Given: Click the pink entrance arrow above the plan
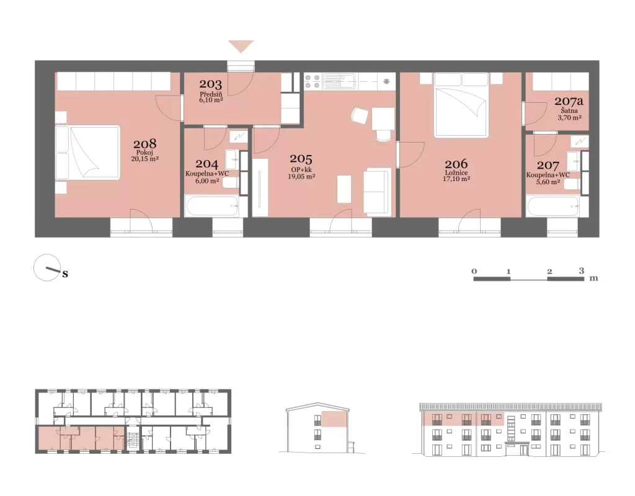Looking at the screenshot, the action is pyautogui.click(x=241, y=46).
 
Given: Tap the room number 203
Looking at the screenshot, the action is pyautogui.click(x=211, y=84).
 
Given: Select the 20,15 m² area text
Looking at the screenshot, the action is pyautogui.click(x=144, y=159).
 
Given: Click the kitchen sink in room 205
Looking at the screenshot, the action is pyautogui.click(x=339, y=81).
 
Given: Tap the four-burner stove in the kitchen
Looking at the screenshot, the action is pyautogui.click(x=313, y=81).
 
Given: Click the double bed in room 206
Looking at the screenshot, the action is pyautogui.click(x=461, y=105).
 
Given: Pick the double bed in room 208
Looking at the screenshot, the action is pyautogui.click(x=88, y=153).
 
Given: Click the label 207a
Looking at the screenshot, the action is pyautogui.click(x=569, y=101).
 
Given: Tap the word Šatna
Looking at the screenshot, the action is pyautogui.click(x=569, y=110).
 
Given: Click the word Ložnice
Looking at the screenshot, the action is pyautogui.click(x=456, y=172).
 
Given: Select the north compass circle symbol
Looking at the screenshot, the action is pyautogui.click(x=47, y=268).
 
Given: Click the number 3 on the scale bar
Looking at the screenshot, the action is pyautogui.click(x=582, y=270).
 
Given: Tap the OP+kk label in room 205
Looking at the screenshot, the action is pyautogui.click(x=301, y=170).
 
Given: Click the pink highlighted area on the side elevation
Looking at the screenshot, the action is pyautogui.click(x=334, y=418).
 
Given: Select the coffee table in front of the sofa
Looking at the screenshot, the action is pyautogui.click(x=344, y=189).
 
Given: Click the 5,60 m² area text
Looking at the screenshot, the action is pyautogui.click(x=548, y=182).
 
